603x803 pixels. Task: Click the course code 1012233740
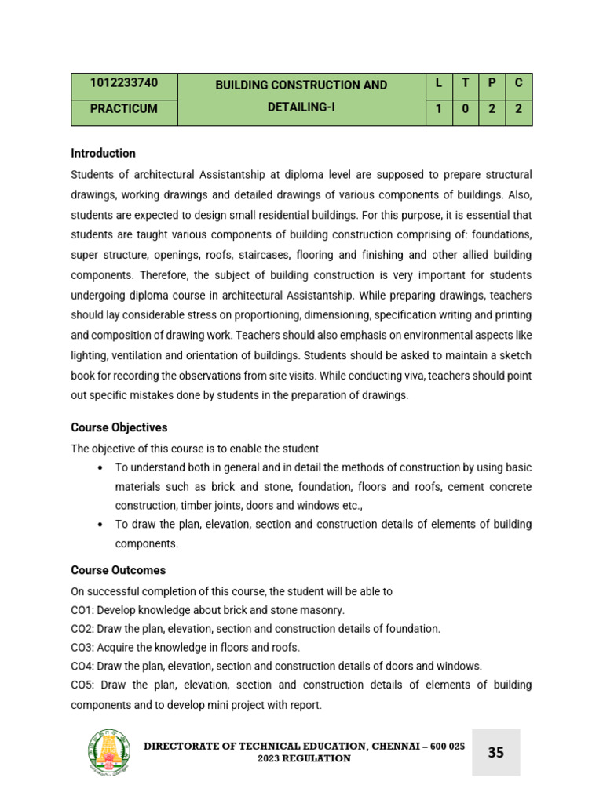click(123, 85)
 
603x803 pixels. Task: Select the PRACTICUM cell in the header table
click(123, 109)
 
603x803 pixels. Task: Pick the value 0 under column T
click(465, 109)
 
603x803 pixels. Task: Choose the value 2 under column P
click(492, 109)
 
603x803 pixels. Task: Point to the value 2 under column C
click(518, 109)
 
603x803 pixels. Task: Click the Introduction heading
click(103, 153)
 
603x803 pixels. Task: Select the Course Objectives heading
click(119, 427)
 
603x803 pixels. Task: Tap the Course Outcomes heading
click(118, 570)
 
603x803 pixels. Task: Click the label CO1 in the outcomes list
click(82, 609)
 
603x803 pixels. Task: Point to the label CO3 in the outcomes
click(82, 647)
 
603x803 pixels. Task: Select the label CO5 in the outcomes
click(82, 685)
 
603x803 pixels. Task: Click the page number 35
click(496, 753)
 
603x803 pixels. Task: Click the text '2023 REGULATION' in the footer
click(305, 759)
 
